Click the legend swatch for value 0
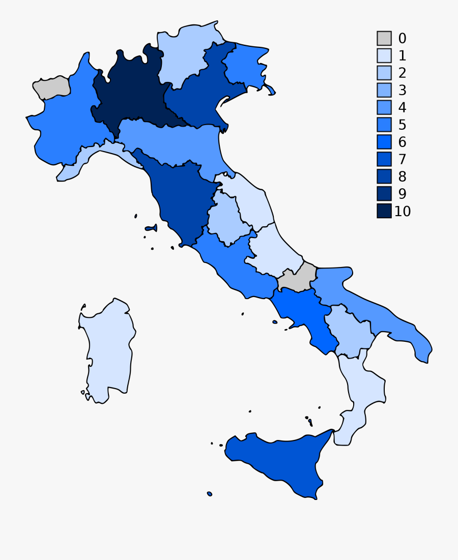pyautogui.click(x=384, y=38)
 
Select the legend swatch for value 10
pyautogui.click(x=384, y=211)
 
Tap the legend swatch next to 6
pyautogui.click(x=384, y=142)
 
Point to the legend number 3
pyautogui.click(x=402, y=91)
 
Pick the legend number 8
pyautogui.click(x=402, y=176)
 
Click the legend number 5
pyautogui.click(x=402, y=125)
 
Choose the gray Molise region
pyautogui.click(x=297, y=279)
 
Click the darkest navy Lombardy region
pyautogui.click(x=132, y=92)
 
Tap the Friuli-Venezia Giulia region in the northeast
pyautogui.click(x=244, y=66)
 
